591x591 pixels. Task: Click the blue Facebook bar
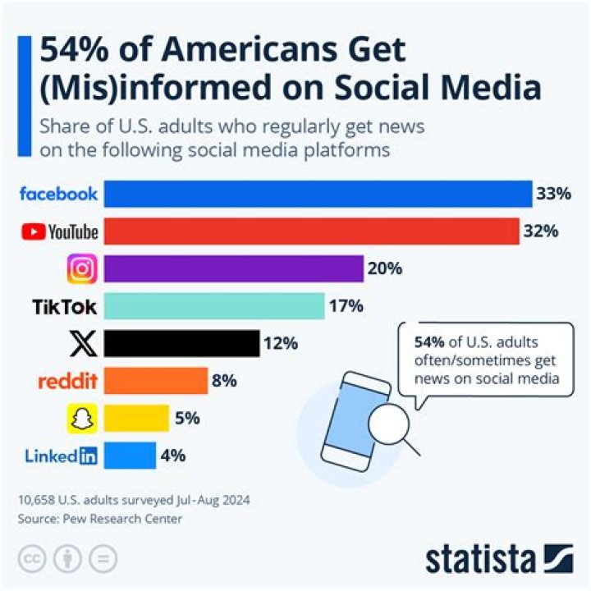(x=318, y=195)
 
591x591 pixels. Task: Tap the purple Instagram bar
(x=234, y=268)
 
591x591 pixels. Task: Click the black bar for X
(x=182, y=343)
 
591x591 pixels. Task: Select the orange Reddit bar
(x=156, y=380)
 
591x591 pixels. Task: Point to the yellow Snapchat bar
(x=137, y=418)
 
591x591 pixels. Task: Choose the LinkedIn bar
(x=131, y=455)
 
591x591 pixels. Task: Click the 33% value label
(x=553, y=195)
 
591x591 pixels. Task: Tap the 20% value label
(x=385, y=268)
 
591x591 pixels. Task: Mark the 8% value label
(x=224, y=380)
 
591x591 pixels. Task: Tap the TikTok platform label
(x=64, y=307)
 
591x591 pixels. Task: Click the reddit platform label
(x=67, y=380)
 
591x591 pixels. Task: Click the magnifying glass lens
(x=385, y=425)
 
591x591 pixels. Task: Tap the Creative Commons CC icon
(x=31, y=558)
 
